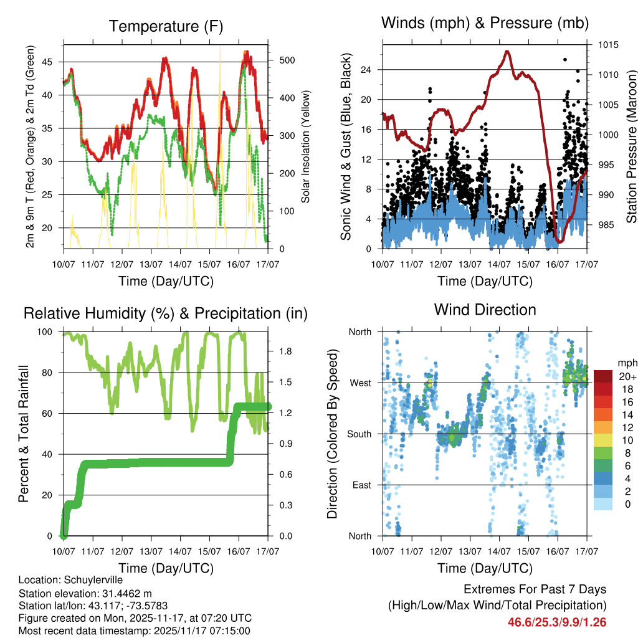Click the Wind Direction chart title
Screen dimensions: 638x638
[x=485, y=309]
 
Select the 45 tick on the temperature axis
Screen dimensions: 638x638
[x=52, y=62]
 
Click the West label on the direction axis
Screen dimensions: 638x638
[x=359, y=383]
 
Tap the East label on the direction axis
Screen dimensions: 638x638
[x=360, y=485]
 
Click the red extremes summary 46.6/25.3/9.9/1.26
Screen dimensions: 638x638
[x=557, y=622]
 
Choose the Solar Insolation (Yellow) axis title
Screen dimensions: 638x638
[x=306, y=146]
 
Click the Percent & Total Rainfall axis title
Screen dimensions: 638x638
[x=24, y=434]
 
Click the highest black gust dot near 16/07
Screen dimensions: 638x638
[x=565, y=59]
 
